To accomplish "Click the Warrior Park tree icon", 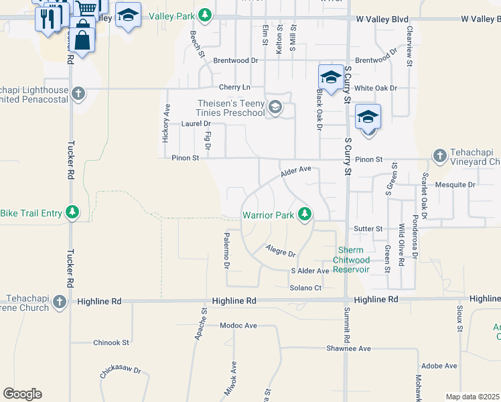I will coord(305,214).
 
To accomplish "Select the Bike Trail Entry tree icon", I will coord(73,213).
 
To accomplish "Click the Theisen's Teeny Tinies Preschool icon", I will coord(275,107).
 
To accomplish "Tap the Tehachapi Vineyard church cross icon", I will coord(440,155).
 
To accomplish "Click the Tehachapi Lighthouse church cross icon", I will coord(79,93).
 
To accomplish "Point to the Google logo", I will coord(22,394).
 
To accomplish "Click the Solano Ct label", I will coord(305,287).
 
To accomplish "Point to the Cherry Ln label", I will coord(234,88).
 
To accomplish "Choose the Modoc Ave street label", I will coord(238,326).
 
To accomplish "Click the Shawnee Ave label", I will coord(348,348).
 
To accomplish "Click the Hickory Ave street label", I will coord(167,122).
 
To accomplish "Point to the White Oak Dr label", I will coord(376,88).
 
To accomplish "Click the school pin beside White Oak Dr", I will coord(331,78).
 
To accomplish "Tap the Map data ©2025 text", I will coord(472,397).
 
